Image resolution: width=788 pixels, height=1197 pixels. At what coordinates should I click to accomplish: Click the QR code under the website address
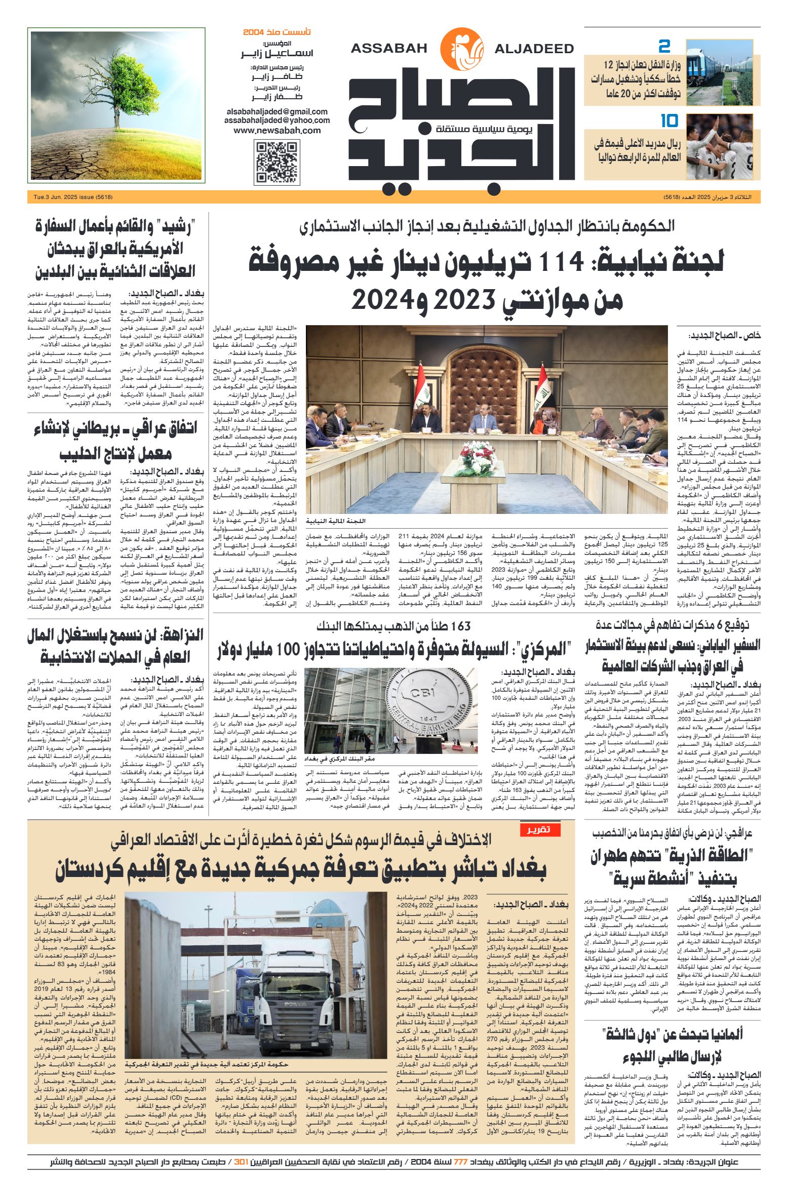click(276, 163)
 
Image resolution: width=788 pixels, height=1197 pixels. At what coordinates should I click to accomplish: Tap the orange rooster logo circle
click(461, 49)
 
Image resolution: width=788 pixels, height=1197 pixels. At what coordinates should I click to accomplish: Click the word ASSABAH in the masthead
click(389, 49)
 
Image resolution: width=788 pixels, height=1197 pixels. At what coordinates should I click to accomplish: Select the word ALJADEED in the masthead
click(534, 49)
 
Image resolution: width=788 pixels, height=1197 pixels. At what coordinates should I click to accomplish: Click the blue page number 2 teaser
click(664, 47)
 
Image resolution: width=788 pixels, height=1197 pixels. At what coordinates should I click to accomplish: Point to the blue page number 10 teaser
click(669, 121)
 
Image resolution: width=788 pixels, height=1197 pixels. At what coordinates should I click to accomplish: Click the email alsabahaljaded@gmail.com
click(277, 111)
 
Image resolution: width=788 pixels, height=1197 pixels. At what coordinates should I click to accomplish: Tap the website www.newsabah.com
click(277, 130)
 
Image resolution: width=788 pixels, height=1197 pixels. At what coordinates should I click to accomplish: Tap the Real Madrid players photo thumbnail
click(719, 146)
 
